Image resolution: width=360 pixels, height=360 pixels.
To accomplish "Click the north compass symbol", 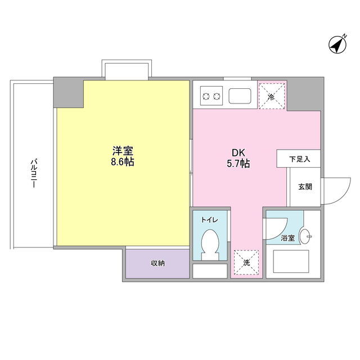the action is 337,45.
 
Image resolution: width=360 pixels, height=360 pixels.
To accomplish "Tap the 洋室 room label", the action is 123,151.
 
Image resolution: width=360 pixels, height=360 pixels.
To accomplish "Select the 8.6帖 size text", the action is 123,162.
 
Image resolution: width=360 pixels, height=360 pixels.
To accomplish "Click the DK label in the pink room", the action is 238,152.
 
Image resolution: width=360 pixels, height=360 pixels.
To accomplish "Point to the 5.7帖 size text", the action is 238,164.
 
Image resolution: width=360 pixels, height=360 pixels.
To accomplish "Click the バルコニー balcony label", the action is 34,173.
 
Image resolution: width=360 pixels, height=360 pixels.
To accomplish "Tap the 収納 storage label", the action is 157,263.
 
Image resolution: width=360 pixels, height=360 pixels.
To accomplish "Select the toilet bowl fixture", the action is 210,245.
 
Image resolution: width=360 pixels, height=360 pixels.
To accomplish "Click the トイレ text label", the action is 209,220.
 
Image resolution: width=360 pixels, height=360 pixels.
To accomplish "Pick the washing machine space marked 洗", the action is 246,263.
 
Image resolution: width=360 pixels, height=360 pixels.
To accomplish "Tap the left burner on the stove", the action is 206,96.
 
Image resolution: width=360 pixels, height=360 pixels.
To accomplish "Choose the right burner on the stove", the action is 217,96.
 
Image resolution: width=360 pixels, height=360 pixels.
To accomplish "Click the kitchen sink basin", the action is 240,96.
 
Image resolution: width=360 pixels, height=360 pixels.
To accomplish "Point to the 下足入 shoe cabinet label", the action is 300,159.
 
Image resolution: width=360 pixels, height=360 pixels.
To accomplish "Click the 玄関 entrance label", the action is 305,187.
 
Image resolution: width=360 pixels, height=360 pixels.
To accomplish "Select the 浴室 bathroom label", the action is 287,238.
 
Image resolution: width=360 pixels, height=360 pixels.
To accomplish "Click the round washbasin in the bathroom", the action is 305,236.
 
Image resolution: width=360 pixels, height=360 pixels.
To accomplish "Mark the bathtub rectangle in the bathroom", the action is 291,262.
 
